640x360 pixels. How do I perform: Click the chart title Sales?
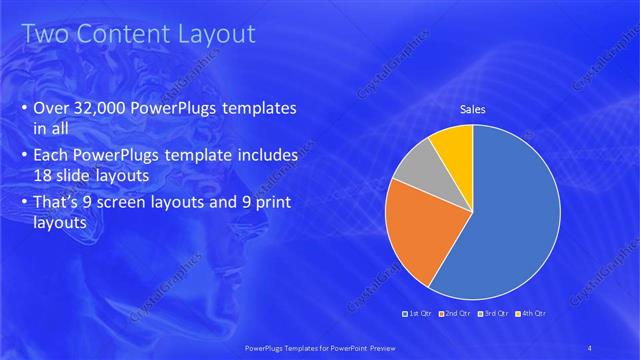coord(472,109)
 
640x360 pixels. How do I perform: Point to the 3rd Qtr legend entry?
coord(491,314)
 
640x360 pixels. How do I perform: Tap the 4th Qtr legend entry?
coord(530,314)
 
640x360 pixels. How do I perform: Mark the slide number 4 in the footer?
coord(590,347)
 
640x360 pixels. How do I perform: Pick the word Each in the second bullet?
coord(52,156)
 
